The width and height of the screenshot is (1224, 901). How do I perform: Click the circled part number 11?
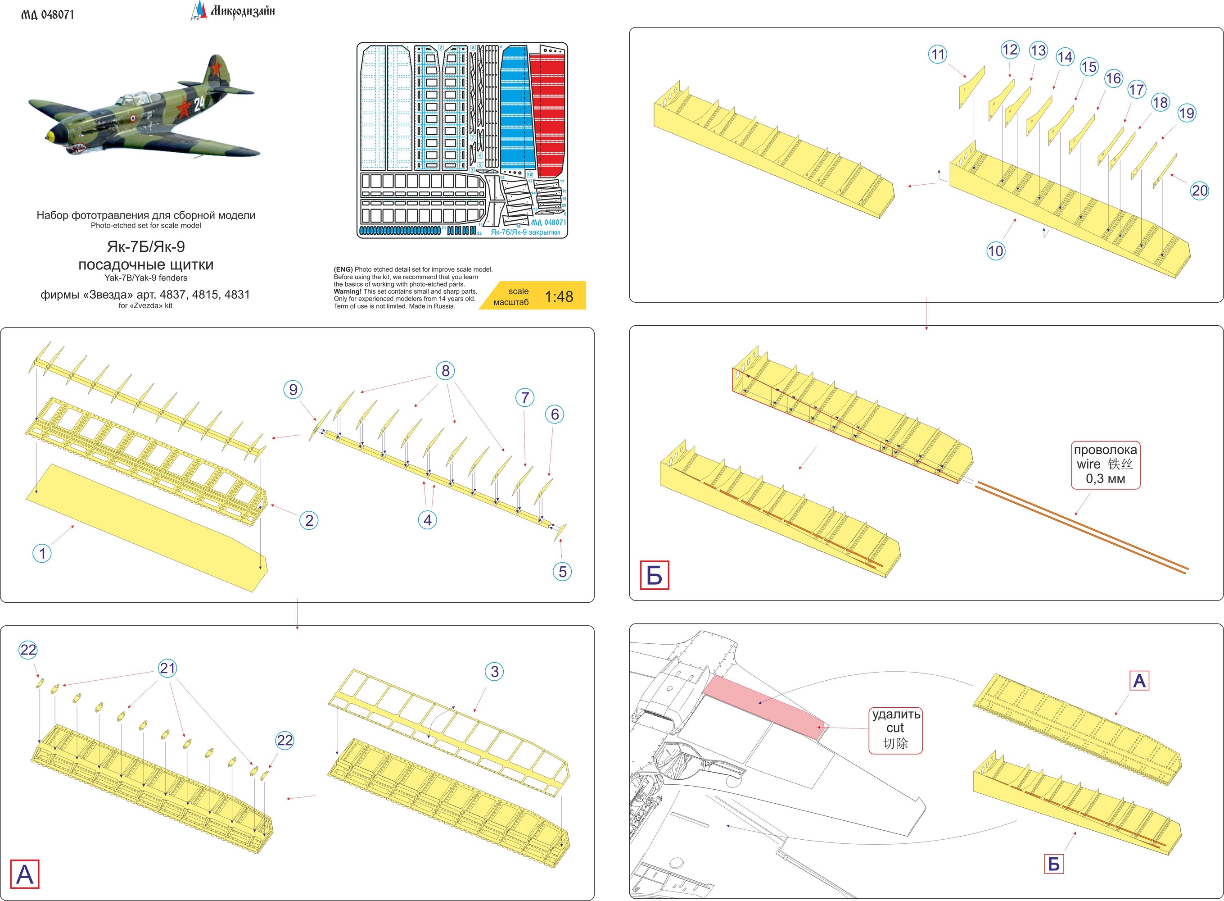point(937,55)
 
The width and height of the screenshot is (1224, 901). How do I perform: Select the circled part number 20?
point(1200,191)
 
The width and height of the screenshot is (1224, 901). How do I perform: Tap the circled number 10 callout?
point(995,251)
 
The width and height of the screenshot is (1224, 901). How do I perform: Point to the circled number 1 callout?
point(42,554)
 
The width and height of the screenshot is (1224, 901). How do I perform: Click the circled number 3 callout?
point(494,671)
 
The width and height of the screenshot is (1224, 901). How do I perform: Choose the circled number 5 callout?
point(562,572)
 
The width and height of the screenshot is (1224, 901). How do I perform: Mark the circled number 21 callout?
point(167,668)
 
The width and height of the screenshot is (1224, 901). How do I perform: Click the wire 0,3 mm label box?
point(1105,464)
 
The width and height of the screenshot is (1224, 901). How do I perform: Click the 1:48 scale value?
point(559,297)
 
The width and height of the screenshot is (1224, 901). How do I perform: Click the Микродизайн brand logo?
point(233,11)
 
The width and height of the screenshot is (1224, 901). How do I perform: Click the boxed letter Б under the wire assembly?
point(654,575)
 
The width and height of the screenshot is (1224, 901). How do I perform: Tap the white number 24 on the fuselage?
point(199,103)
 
